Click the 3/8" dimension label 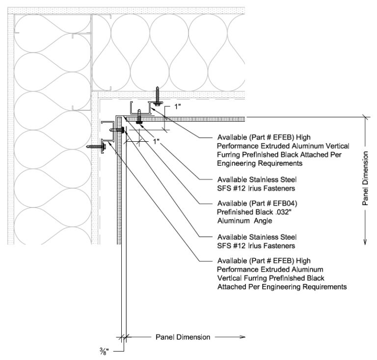[104, 352]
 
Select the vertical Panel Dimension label [365, 178]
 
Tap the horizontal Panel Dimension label [183, 337]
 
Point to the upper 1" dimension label [177, 106]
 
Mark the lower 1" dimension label [156, 141]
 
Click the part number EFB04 [283, 204]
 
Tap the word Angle [263, 221]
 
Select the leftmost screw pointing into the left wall [96, 146]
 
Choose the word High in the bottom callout [303, 260]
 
